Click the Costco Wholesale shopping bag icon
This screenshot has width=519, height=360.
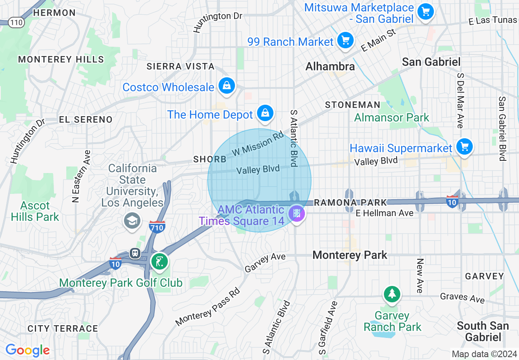226,86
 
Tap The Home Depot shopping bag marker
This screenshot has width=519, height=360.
265,113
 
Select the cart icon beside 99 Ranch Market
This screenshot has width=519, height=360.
345,40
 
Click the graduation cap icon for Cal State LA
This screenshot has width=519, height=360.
132,221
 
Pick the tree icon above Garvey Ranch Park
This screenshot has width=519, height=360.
392,294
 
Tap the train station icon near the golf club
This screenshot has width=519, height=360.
135,253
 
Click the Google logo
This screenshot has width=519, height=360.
27,350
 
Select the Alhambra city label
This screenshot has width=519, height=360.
330,66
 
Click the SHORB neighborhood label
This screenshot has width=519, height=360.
210,160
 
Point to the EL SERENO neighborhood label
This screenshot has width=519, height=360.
86,119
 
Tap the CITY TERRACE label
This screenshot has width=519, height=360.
63,328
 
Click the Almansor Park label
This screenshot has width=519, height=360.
391,118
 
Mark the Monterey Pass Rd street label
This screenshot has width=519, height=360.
208,308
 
